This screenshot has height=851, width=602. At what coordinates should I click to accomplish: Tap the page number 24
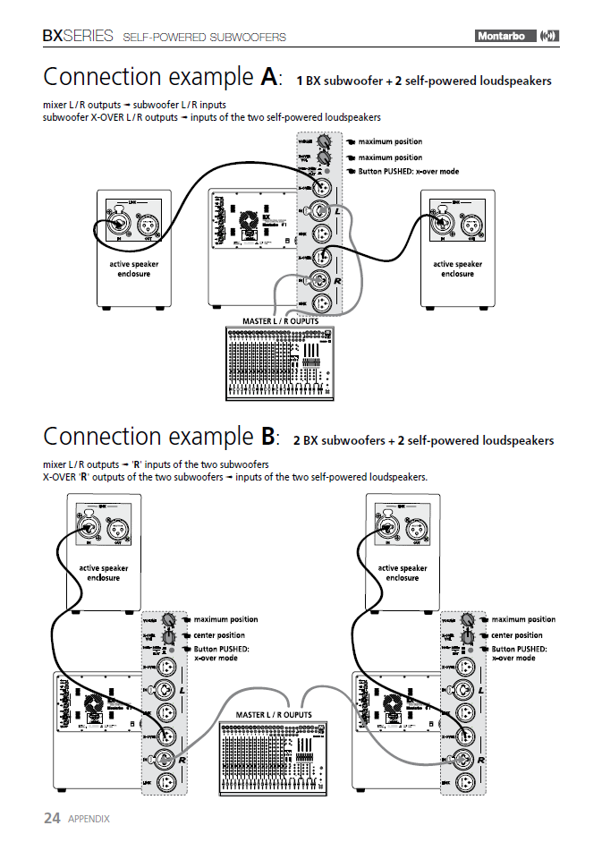[x=52, y=818]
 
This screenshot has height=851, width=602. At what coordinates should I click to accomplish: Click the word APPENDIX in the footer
[x=89, y=819]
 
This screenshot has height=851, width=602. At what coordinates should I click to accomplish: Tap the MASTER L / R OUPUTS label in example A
[x=280, y=321]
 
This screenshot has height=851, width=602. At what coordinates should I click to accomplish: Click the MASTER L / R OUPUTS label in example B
[x=274, y=715]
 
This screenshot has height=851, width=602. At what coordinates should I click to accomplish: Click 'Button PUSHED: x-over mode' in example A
[x=408, y=171]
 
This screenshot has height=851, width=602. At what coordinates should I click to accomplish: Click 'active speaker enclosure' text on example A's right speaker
[x=457, y=268]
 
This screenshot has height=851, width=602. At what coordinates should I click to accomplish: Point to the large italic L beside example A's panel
[x=340, y=210]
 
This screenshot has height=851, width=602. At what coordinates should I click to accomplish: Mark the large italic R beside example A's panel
[x=340, y=280]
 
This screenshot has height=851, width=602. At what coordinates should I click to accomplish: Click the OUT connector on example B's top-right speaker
[x=418, y=529]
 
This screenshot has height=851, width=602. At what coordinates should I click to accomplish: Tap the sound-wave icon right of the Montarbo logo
[x=550, y=36]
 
